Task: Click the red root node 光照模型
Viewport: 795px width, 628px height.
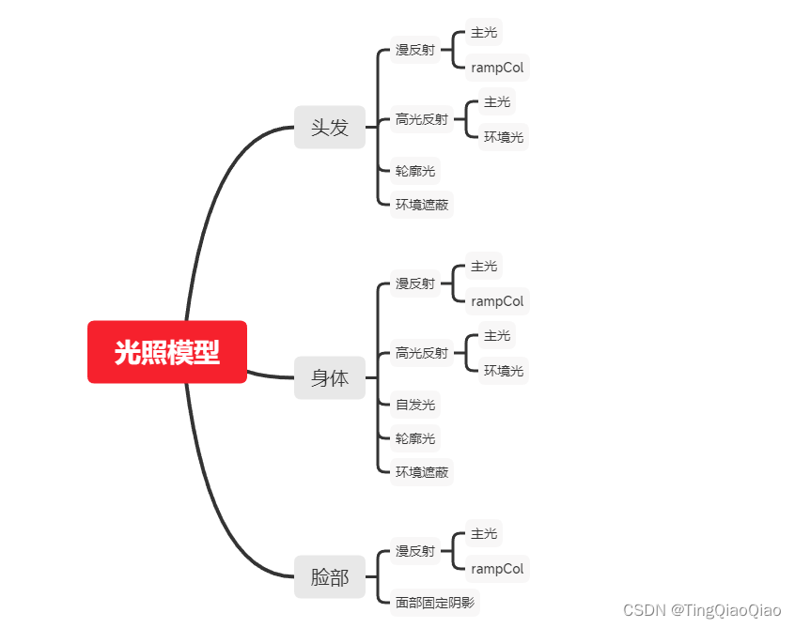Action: click(167, 352)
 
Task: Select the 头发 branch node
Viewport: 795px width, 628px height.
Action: click(330, 127)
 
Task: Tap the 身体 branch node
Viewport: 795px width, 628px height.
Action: click(330, 377)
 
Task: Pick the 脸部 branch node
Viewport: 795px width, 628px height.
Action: click(330, 577)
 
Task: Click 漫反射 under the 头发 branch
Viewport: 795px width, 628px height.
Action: click(414, 50)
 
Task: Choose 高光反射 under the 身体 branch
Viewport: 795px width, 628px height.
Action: click(421, 353)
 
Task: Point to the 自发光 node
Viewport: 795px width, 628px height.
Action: click(414, 405)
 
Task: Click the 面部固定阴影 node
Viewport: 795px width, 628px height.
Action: click(434, 602)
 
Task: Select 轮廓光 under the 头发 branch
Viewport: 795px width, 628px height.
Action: click(414, 171)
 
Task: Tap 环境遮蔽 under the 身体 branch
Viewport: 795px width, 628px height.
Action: click(421, 472)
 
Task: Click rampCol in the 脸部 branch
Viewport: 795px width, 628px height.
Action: click(497, 569)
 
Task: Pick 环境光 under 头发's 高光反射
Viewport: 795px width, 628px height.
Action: click(504, 137)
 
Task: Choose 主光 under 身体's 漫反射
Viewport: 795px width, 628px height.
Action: click(484, 266)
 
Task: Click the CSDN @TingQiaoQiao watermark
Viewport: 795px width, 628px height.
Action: click(702, 610)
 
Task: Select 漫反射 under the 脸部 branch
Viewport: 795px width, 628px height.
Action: click(414, 550)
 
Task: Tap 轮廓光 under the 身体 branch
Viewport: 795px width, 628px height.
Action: click(414, 438)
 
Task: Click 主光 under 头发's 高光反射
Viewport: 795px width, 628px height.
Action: click(497, 101)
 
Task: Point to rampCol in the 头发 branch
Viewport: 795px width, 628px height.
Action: click(497, 68)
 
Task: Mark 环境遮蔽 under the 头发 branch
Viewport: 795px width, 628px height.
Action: click(421, 205)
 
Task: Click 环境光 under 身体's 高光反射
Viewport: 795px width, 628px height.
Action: click(504, 371)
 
